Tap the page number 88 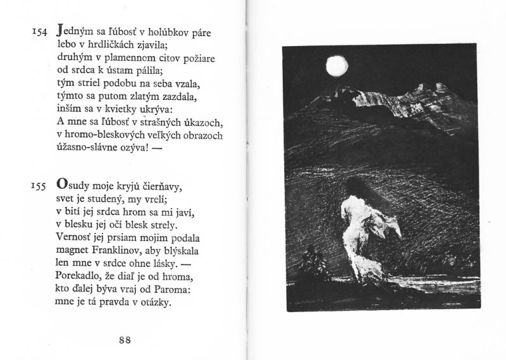coord(125,340)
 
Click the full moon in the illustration coord(334,64)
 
